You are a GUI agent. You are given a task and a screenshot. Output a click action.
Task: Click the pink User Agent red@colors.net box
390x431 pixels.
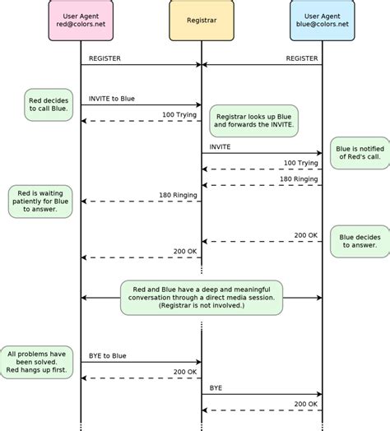click(81, 21)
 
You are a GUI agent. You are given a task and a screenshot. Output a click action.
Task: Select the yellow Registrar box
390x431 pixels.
click(201, 21)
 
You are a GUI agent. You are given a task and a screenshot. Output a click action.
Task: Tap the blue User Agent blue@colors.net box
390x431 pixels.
click(322, 21)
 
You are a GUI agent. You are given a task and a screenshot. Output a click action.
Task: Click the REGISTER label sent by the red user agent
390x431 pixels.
click(105, 58)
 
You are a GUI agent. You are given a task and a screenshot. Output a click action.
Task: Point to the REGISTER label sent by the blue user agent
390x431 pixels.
click(301, 58)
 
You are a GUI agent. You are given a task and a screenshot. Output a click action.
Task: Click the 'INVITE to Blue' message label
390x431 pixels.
click(113, 99)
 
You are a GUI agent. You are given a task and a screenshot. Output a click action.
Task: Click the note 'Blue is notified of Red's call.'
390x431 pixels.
click(355, 153)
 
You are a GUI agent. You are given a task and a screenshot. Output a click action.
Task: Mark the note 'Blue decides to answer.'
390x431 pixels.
click(358, 239)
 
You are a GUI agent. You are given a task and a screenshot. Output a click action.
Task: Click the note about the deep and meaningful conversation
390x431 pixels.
click(202, 298)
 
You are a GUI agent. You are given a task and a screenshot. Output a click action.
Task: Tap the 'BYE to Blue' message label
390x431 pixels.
click(108, 355)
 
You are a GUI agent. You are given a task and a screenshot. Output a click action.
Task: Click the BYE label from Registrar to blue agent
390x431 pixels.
click(216, 387)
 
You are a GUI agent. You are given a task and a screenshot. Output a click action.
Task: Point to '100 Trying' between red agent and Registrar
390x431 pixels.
click(179, 114)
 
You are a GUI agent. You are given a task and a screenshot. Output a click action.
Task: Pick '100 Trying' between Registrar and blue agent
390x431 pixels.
click(300, 163)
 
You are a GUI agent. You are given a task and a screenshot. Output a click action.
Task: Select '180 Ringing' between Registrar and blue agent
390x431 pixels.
click(298, 178)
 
